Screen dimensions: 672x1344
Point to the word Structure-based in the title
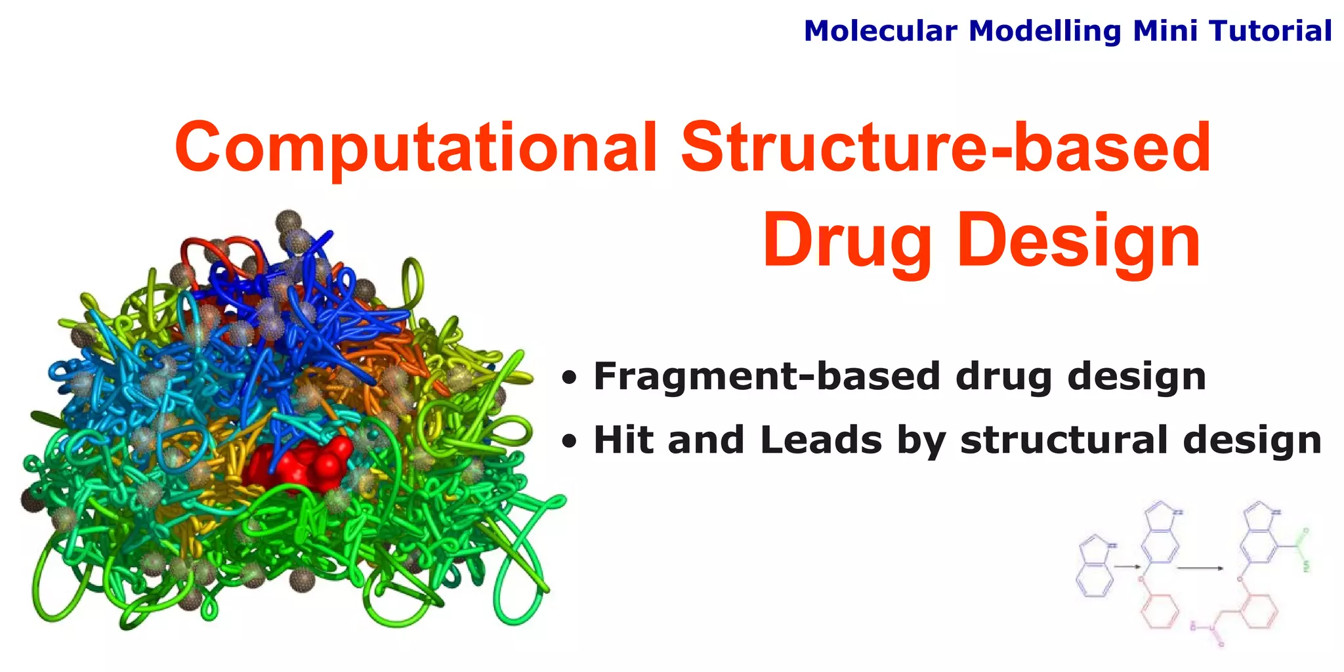click(x=946, y=148)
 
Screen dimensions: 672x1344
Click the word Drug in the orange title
click(x=847, y=241)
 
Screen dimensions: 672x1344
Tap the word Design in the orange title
click(x=1079, y=241)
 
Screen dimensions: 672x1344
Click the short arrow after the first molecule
click(x=1127, y=566)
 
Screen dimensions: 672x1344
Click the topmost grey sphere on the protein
click(x=287, y=222)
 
